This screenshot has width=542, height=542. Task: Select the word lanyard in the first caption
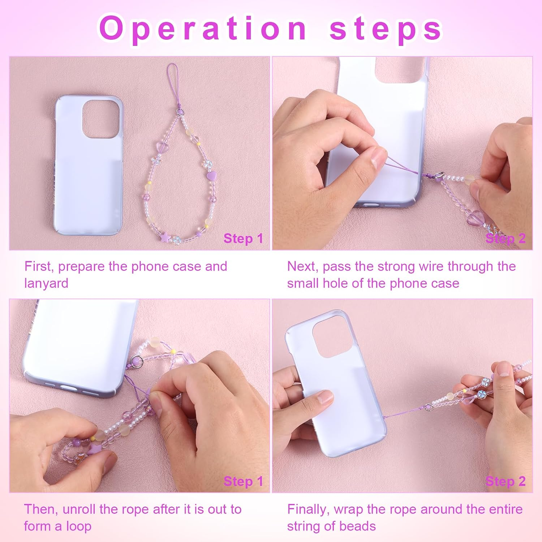click(46, 283)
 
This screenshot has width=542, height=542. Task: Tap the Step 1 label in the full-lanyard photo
click(243, 238)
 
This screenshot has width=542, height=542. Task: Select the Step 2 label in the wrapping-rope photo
click(506, 481)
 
